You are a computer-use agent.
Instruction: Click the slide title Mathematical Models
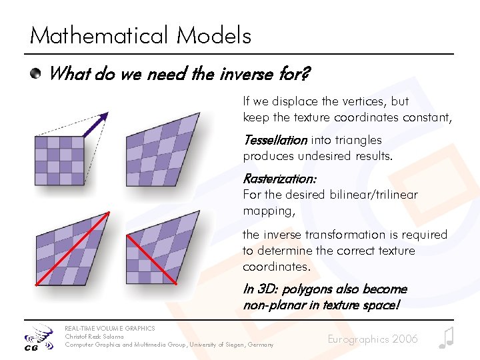[141, 35]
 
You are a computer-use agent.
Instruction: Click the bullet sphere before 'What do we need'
[37, 73]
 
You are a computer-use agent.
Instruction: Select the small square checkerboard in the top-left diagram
[59, 160]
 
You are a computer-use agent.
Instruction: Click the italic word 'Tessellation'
[275, 140]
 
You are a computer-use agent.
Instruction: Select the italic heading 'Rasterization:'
[279, 179]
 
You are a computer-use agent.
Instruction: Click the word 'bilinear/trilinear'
[373, 195]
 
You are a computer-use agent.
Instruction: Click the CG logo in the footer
[38, 337]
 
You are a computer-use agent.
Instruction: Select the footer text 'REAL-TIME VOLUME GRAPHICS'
[109, 328]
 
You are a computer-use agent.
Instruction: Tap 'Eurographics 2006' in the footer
[373, 339]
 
